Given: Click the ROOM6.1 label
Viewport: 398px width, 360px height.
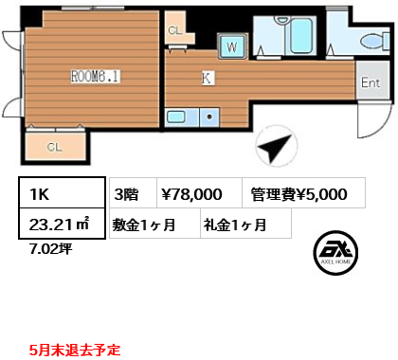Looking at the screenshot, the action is [95, 77].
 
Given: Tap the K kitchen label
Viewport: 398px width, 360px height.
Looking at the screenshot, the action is [207, 78].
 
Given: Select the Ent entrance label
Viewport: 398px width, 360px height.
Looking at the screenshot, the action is [371, 83].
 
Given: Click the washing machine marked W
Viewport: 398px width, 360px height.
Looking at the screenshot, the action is [232, 46].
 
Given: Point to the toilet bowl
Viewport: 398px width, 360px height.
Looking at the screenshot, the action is [374, 41].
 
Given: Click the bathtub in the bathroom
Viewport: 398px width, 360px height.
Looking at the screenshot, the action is [301, 35].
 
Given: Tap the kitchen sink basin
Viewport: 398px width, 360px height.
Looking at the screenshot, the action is [175, 117].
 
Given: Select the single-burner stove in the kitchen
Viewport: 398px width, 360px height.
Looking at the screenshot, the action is [209, 117].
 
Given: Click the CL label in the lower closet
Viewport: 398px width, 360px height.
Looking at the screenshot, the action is [54, 147].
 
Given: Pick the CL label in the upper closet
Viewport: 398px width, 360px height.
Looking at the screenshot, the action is [175, 30].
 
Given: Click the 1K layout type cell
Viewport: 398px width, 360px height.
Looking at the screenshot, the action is [62, 192].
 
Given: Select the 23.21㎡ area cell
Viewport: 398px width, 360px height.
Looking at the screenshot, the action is [62, 224].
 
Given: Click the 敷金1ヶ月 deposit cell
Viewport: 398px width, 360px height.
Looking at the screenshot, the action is [155, 224].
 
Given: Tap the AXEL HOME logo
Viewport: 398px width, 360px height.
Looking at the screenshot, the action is [335, 253].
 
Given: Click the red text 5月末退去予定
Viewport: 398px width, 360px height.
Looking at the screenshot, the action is [75, 350].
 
